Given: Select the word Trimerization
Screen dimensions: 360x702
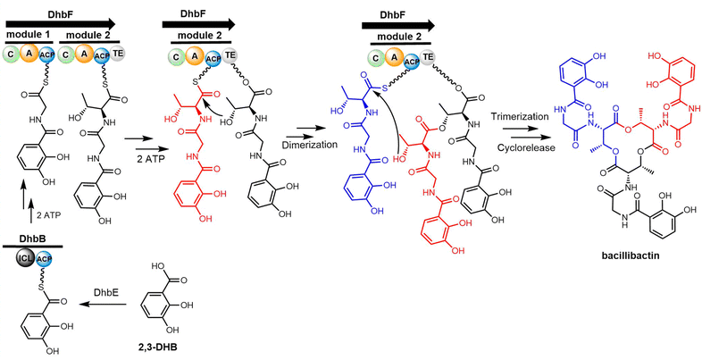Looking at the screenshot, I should click(x=521, y=118).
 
